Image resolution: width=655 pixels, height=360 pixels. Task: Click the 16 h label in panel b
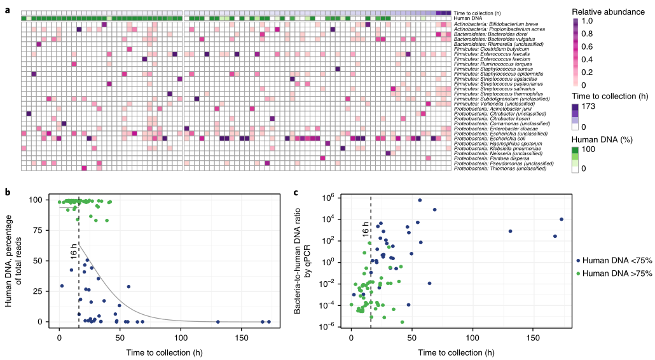(74, 253)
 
